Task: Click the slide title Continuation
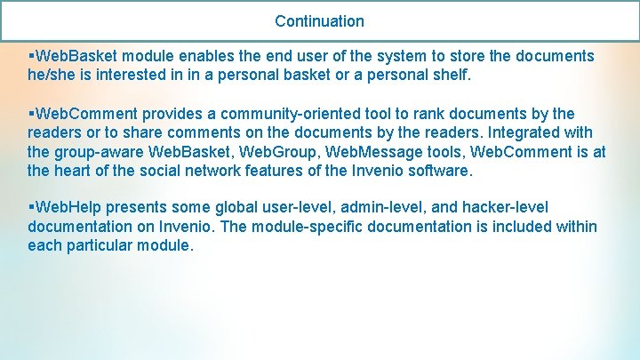(x=319, y=20)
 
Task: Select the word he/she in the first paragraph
(x=52, y=76)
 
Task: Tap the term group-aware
(x=100, y=152)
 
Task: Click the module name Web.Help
(x=68, y=208)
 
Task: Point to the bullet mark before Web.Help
(x=31, y=208)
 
